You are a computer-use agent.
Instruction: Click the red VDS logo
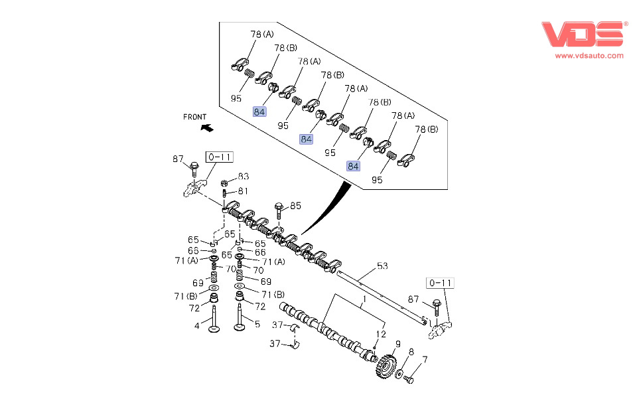point(583,34)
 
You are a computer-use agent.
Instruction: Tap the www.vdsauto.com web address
point(589,56)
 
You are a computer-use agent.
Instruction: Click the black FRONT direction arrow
point(207,127)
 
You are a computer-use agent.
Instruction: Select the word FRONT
point(195,117)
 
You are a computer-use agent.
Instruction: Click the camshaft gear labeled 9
point(385,366)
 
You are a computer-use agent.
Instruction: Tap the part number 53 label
point(382,266)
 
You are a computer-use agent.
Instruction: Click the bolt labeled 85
point(279,210)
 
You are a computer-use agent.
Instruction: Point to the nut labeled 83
point(224,183)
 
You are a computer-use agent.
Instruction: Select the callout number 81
point(243,191)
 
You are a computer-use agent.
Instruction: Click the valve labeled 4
point(214,321)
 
